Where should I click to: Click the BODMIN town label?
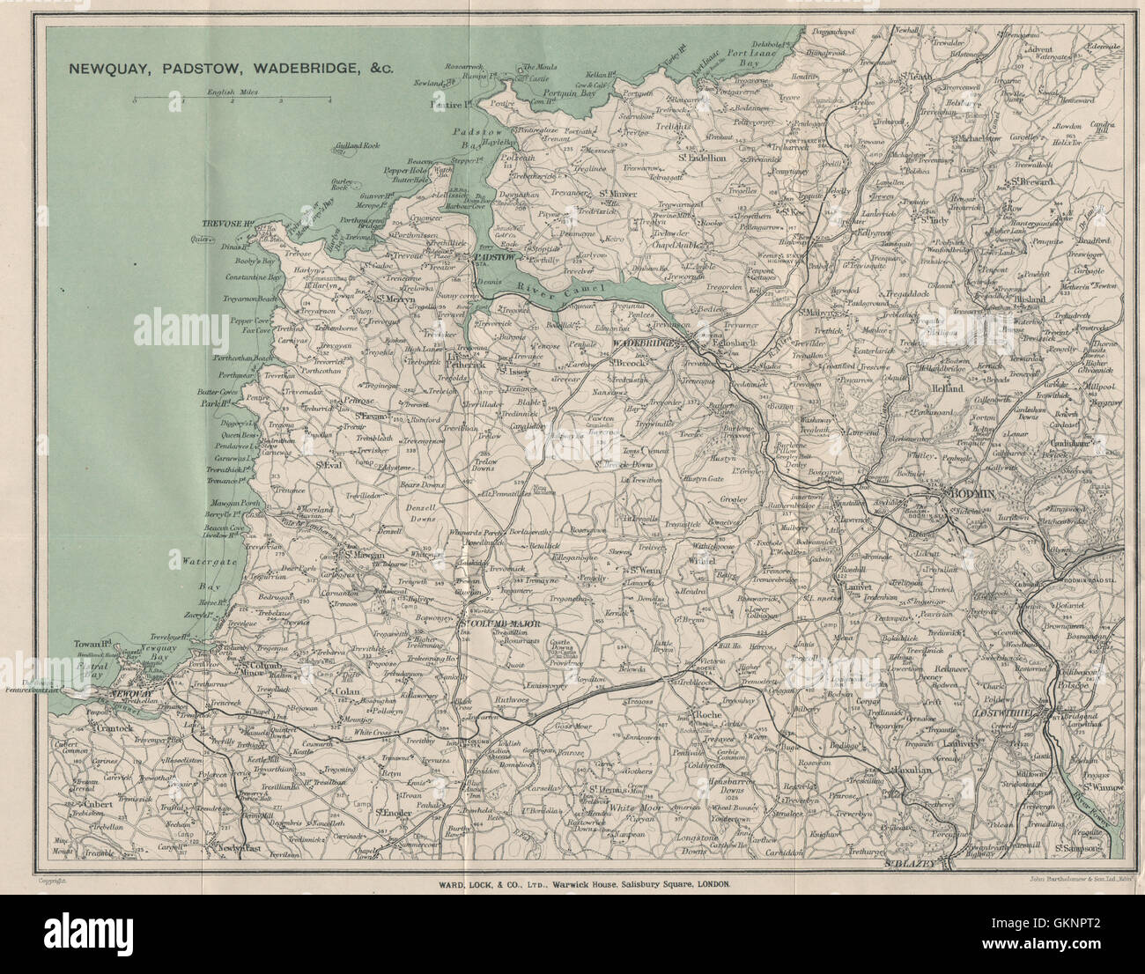click(x=969, y=495)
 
